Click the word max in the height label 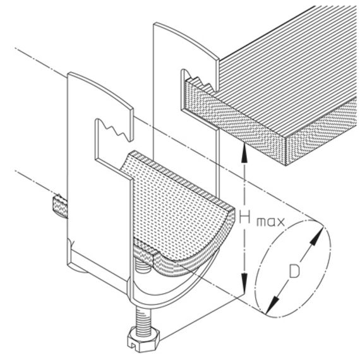click(270, 222)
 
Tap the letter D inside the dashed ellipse click(294, 271)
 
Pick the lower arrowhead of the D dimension click(272, 305)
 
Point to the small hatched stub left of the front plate click(59, 206)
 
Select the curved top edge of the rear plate click(186, 39)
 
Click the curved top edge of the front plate click(100, 88)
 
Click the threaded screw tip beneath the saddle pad click(143, 268)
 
